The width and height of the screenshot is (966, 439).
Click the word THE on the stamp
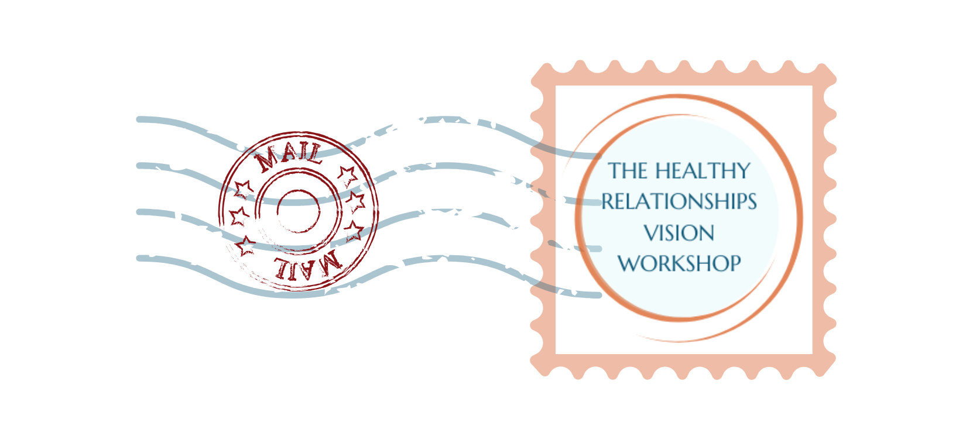(628, 171)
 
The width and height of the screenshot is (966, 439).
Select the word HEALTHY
(702, 171)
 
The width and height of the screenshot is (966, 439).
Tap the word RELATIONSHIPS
(679, 202)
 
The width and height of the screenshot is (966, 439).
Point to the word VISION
(679, 233)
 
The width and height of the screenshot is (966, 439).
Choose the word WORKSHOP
(679, 263)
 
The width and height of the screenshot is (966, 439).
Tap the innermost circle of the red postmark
(298, 211)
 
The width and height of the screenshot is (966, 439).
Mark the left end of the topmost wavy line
(139, 119)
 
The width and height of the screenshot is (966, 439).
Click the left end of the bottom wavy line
(139, 258)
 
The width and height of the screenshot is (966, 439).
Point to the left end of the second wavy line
(139, 166)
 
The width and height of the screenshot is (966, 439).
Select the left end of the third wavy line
(139, 212)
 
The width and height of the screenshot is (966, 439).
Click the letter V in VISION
(650, 233)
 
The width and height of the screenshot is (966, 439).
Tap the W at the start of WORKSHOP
(630, 263)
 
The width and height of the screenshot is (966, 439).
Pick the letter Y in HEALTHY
(742, 171)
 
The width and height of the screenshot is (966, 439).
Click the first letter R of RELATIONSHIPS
(608, 202)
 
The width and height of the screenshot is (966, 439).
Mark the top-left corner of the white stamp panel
(556, 87)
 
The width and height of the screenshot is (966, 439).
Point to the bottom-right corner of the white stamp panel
(811, 353)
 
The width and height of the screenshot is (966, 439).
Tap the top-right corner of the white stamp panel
(811, 87)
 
